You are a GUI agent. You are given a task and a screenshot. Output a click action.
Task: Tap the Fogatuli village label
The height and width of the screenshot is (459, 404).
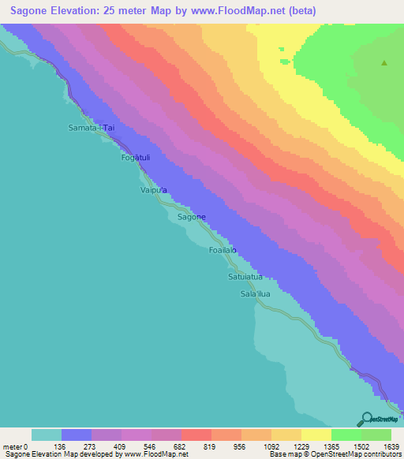point(136,158)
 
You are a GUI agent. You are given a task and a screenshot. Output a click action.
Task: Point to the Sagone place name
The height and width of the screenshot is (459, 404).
point(192,217)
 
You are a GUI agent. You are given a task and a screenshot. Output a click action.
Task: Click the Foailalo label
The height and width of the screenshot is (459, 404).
point(223,250)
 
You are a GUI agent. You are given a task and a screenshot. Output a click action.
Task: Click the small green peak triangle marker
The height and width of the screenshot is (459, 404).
point(384,63)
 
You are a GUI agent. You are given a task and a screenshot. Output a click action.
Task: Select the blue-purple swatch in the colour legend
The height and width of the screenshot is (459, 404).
point(76,434)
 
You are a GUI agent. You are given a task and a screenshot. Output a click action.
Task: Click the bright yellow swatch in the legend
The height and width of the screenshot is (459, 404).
point(316,434)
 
